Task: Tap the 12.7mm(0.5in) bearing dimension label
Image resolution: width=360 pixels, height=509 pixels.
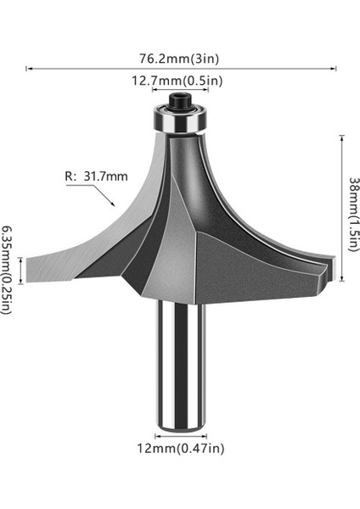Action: (x=177, y=81)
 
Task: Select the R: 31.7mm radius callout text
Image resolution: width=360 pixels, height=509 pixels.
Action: (x=96, y=176)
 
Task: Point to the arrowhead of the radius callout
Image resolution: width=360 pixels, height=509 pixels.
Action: (x=113, y=206)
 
